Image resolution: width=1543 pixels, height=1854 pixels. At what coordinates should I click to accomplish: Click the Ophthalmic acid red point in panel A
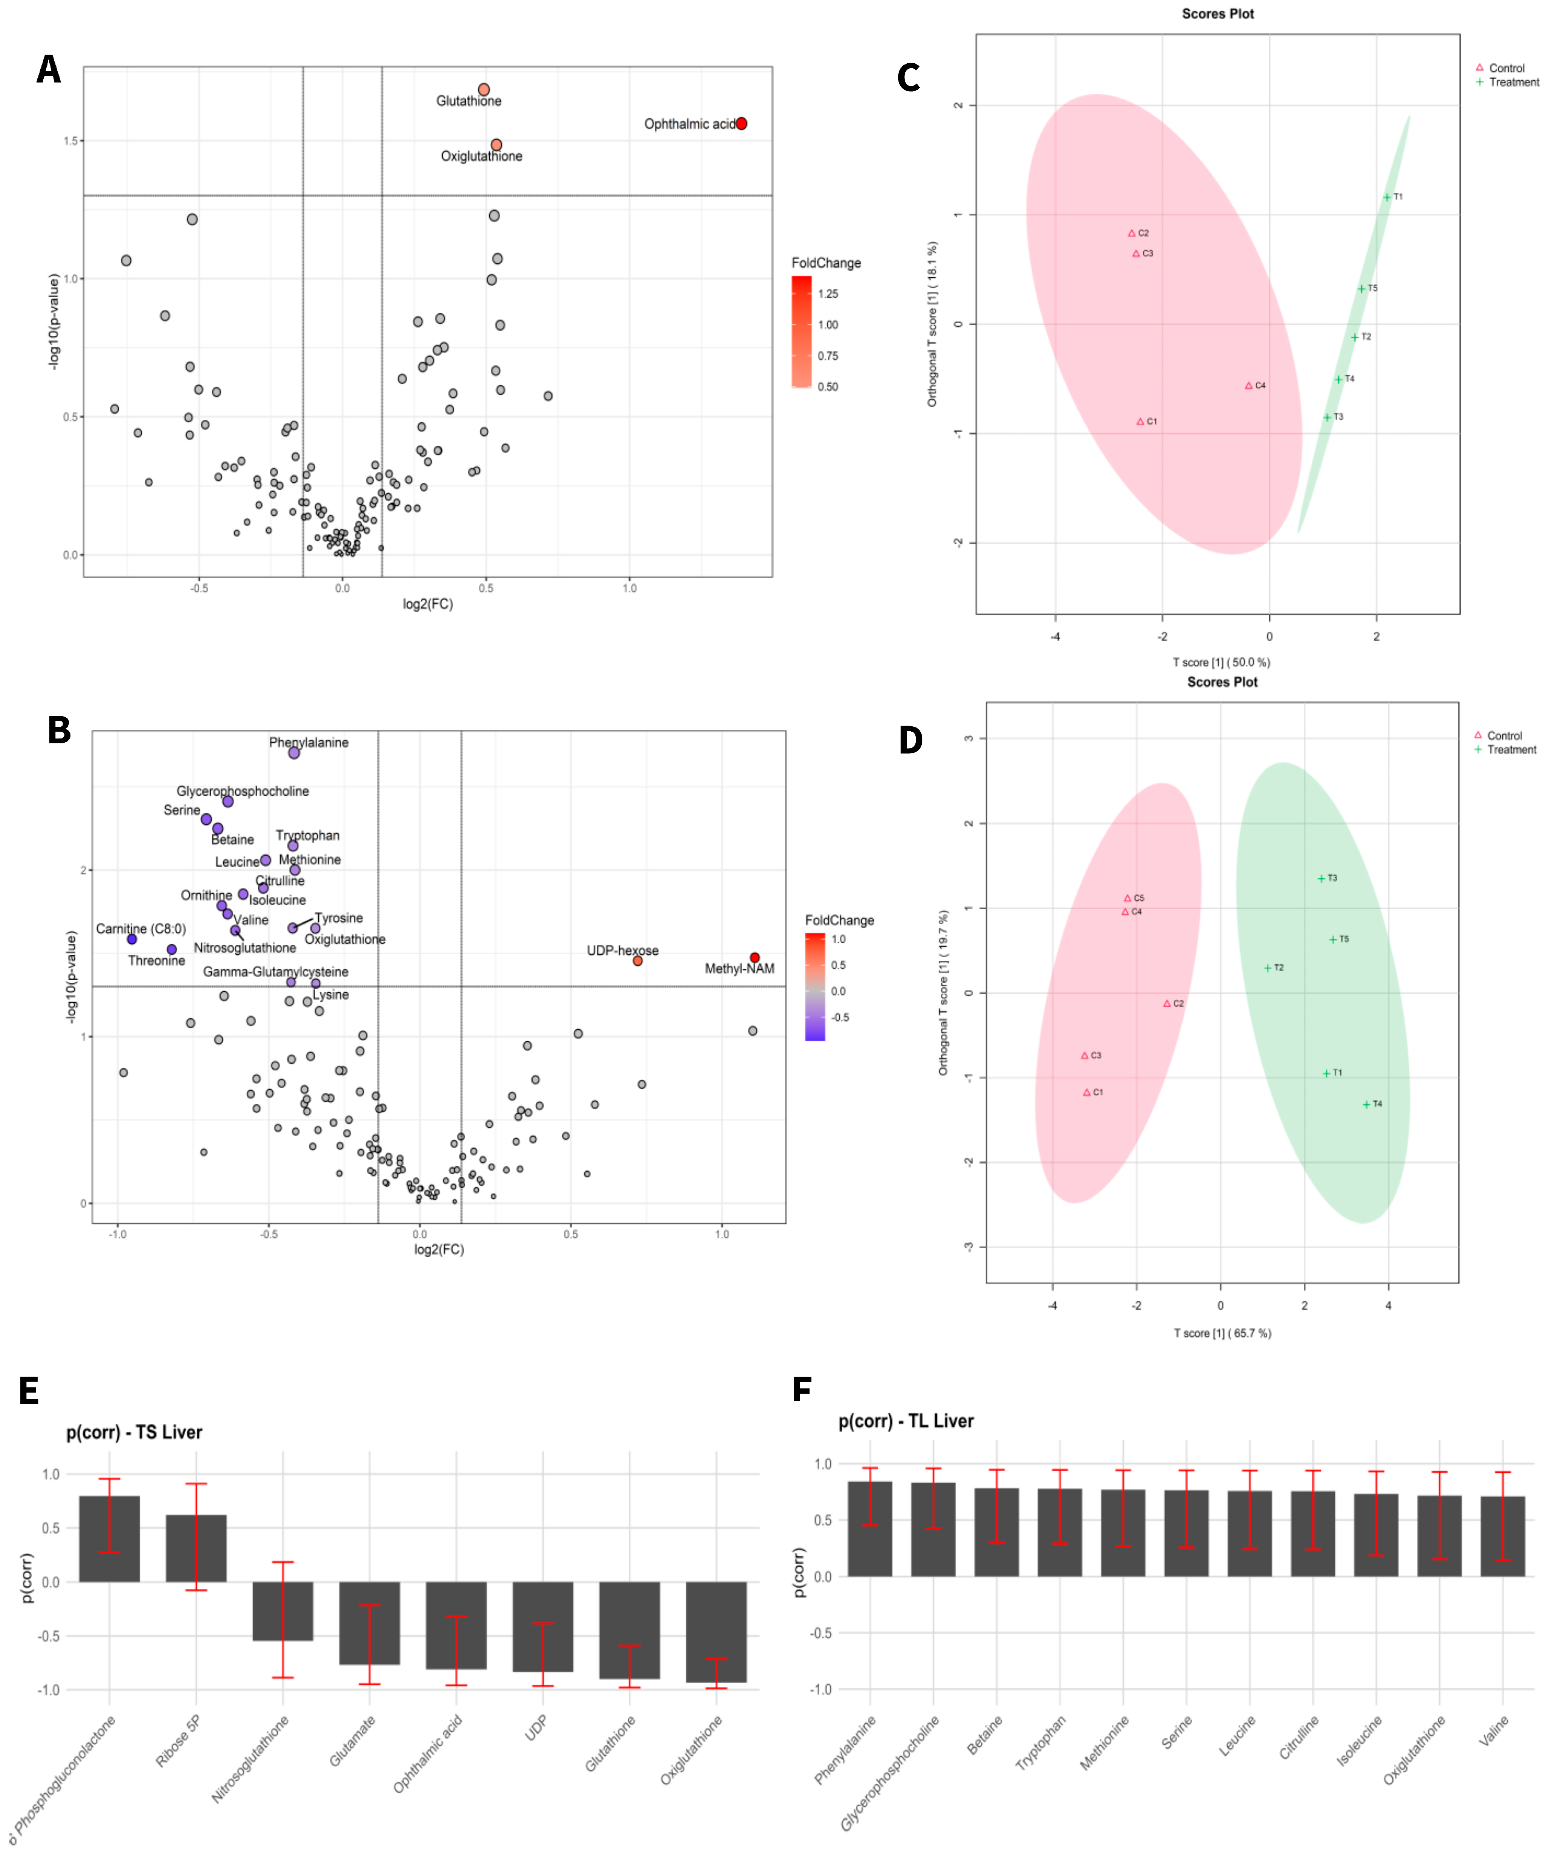click(741, 124)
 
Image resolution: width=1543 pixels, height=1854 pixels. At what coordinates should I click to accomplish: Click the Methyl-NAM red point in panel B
click(755, 958)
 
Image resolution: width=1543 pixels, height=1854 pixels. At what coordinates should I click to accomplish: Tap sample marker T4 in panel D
click(1366, 1105)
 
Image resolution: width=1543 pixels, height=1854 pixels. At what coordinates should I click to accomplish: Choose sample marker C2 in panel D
click(1167, 1004)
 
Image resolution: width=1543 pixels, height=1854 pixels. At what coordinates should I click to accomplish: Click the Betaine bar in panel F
click(997, 1532)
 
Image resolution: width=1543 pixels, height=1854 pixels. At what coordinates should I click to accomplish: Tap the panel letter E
click(29, 1391)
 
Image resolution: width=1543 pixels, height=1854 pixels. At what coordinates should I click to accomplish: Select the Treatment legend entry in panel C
click(1513, 82)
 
